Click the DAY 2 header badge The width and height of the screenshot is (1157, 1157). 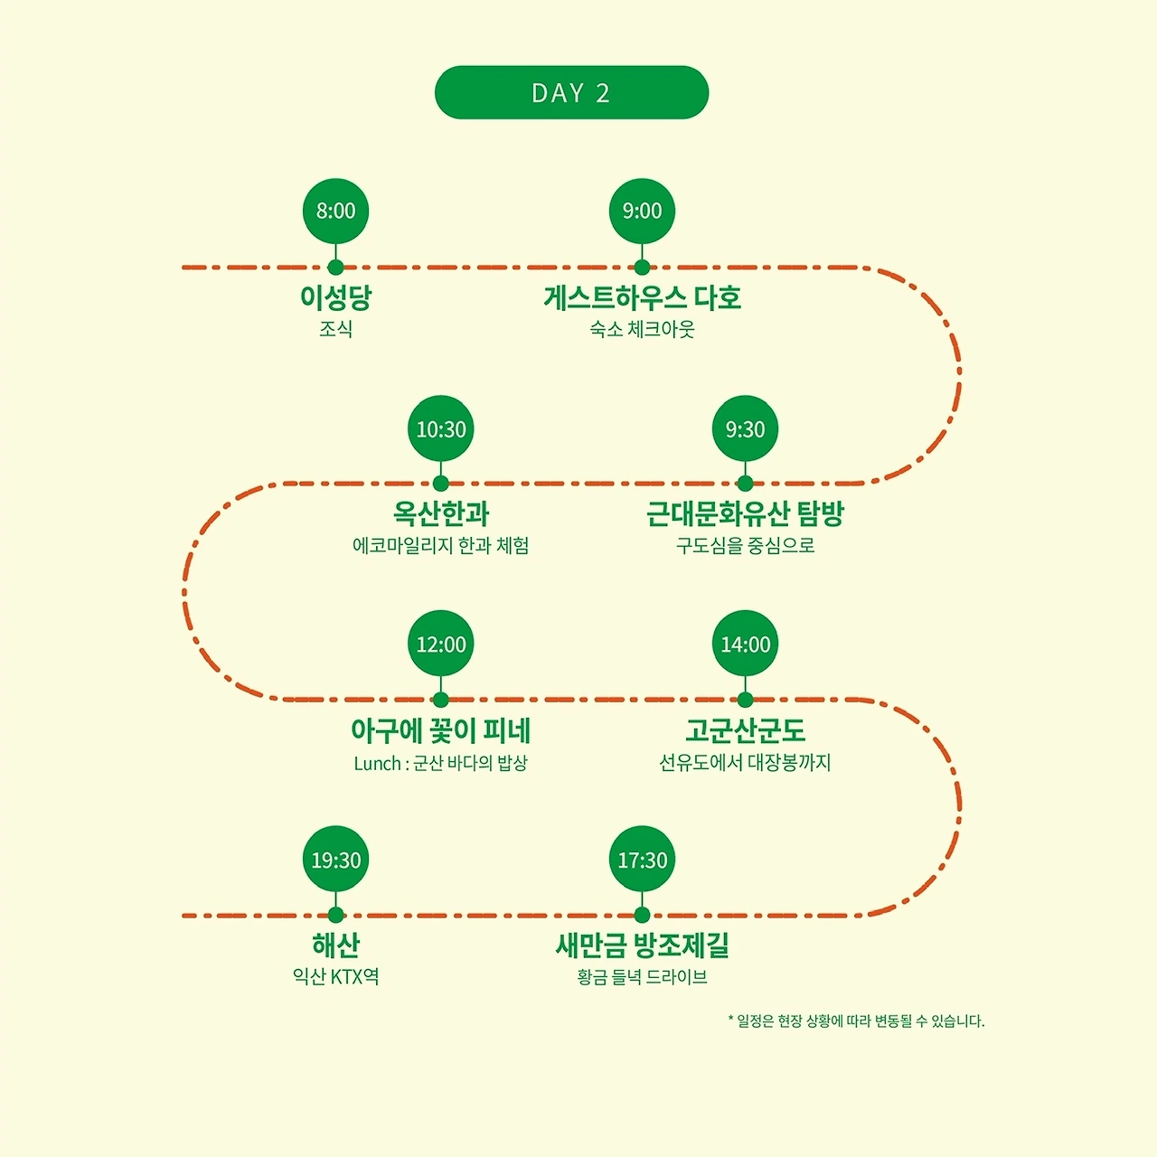coord(571,92)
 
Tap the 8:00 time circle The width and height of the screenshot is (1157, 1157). coord(335,211)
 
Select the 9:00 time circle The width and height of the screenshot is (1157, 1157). coord(642,211)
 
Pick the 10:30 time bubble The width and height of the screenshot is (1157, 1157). coord(441,428)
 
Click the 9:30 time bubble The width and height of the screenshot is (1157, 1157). coord(745,428)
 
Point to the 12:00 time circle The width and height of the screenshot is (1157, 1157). coord(441,644)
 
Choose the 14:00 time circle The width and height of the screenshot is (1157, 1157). coord(745,644)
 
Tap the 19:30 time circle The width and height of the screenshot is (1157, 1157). coord(335,859)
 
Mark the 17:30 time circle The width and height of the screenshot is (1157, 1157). coord(642,859)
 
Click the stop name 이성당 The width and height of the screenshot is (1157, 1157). coord(335,297)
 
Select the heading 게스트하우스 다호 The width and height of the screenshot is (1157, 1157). coord(642,297)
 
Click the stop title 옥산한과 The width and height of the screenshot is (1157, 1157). coord(441,513)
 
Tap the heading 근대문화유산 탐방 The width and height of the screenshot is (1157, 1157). coord(745,513)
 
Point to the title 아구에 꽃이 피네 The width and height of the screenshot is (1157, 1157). coord(441,730)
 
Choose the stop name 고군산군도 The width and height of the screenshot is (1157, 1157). coord(745,730)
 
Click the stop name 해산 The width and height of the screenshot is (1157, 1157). coord(335,945)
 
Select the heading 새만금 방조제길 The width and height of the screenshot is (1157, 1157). coord(642,945)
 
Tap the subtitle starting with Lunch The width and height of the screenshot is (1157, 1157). coord(441,763)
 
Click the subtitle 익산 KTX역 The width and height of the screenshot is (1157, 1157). coord(335,977)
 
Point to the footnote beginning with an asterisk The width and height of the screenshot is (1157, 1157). coord(856,1021)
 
